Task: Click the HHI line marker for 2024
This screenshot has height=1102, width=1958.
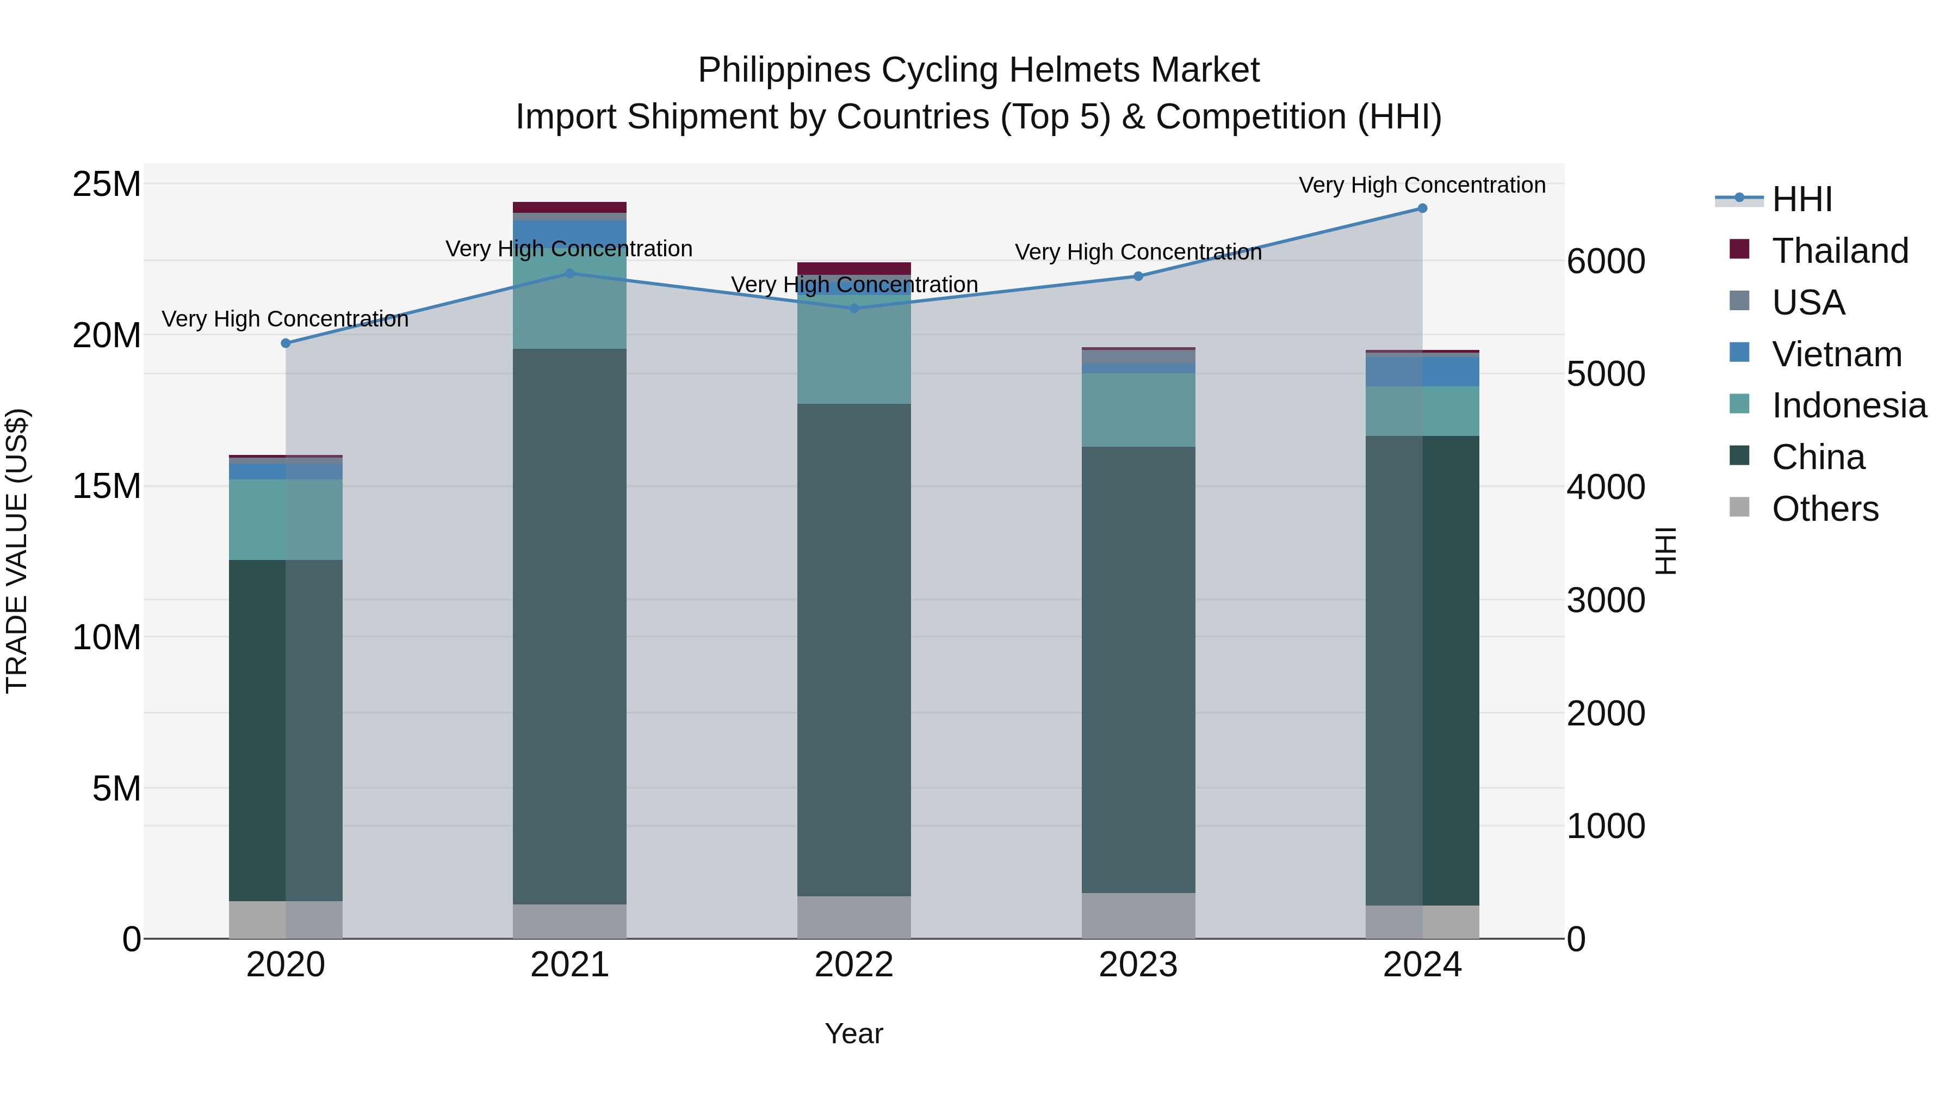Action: [1422, 208]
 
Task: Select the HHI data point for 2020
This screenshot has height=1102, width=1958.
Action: [286, 343]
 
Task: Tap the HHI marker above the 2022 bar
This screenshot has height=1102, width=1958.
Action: [853, 308]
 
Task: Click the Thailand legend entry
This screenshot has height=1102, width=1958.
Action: [1839, 251]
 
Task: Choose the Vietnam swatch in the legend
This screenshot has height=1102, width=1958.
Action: [1739, 353]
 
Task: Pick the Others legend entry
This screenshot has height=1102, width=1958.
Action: [1824, 509]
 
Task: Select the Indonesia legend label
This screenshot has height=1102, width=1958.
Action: [1849, 405]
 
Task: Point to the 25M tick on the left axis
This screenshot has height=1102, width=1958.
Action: [107, 184]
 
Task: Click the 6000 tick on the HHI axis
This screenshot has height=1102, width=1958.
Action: [1606, 261]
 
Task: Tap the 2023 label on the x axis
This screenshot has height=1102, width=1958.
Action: [1138, 965]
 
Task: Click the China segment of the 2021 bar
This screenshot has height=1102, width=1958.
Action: [569, 624]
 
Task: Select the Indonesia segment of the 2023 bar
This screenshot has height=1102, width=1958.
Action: [1138, 409]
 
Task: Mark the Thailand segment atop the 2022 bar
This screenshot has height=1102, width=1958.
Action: [853, 268]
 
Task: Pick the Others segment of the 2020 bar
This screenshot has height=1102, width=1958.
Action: [286, 920]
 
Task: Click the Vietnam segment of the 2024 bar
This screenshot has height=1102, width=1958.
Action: [1422, 371]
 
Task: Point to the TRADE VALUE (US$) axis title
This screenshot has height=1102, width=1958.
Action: [17, 551]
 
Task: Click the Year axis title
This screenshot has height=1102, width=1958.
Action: [853, 1033]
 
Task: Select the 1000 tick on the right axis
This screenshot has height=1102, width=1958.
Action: [1606, 826]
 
